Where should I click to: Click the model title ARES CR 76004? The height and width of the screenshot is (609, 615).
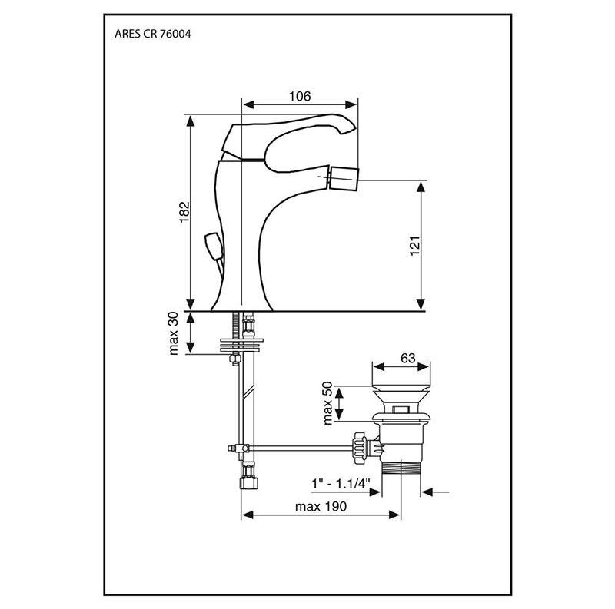click(x=152, y=34)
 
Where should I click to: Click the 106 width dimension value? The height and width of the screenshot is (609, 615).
click(x=300, y=96)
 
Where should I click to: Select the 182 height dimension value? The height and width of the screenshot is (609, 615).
click(x=184, y=213)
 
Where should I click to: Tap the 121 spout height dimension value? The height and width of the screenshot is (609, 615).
click(x=415, y=246)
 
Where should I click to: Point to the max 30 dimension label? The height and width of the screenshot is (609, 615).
click(x=174, y=333)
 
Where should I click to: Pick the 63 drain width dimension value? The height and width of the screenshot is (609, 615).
click(x=408, y=358)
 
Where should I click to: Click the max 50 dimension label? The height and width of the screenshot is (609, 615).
click(x=327, y=403)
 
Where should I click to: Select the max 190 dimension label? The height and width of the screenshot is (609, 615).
click(x=321, y=506)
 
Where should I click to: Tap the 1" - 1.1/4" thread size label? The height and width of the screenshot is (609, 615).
click(x=341, y=483)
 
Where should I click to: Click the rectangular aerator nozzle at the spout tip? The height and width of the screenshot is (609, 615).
click(x=344, y=178)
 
